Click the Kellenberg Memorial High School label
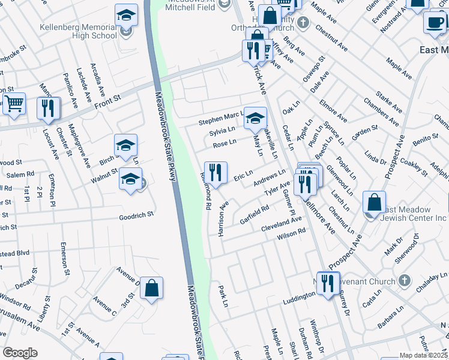[78, 31]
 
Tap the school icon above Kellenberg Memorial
[126, 16]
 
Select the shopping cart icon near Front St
[14, 103]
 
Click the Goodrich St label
[136, 214]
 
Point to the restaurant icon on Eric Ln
[215, 172]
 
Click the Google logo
[20, 353]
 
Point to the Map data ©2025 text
[424, 355]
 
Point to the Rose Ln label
[224, 143]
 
